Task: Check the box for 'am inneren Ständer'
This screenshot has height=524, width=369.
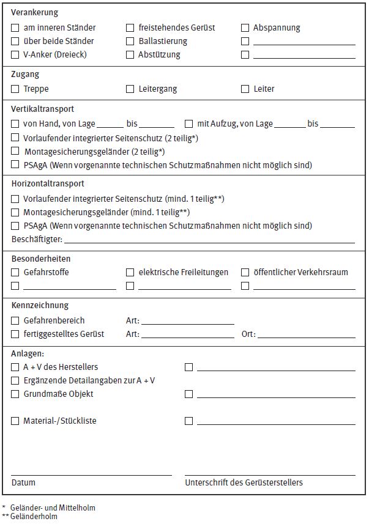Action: [15, 28]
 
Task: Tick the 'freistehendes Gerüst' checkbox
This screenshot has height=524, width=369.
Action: [130, 28]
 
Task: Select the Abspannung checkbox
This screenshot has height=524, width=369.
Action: [245, 28]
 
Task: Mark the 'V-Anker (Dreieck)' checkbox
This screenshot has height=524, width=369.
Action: [15, 55]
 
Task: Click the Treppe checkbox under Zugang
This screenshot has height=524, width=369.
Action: [15, 89]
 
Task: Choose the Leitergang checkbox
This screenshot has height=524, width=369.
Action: [130, 89]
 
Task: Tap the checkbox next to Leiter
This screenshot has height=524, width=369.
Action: [245, 89]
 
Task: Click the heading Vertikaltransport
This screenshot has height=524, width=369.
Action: [43, 109]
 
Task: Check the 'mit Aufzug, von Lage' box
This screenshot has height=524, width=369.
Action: [189, 124]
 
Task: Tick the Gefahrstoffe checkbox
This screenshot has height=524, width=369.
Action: [15, 273]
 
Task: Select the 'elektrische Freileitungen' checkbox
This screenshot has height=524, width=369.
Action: [130, 273]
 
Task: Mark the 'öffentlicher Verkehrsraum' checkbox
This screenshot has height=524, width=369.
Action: [245, 273]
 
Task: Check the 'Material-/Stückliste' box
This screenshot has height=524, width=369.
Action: [15, 421]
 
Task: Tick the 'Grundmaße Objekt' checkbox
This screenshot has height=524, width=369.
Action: [15, 394]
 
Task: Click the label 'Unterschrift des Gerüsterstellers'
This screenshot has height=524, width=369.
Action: [244, 482]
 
